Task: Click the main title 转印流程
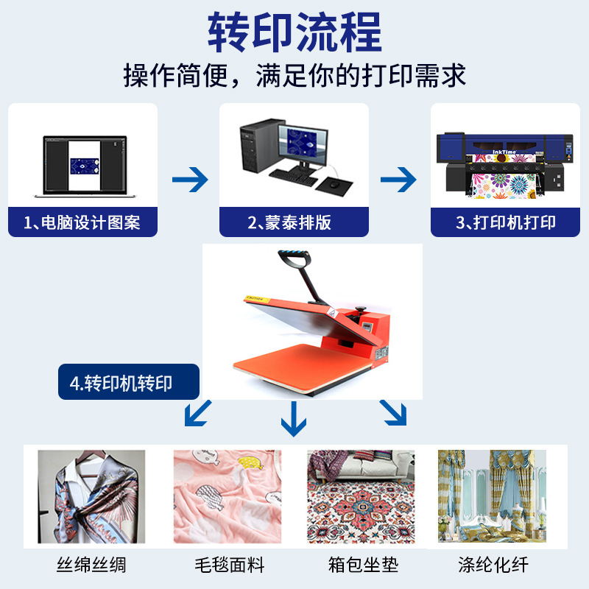pyautogui.click(x=294, y=32)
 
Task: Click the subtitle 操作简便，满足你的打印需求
pyautogui.click(x=294, y=76)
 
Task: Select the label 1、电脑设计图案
pyautogui.click(x=82, y=222)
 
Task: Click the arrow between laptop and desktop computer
pyautogui.click(x=189, y=179)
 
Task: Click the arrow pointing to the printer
pyautogui.click(x=398, y=179)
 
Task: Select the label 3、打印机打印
pyautogui.click(x=506, y=222)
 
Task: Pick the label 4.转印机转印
pyautogui.click(x=129, y=383)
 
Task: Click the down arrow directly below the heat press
pyautogui.click(x=293, y=419)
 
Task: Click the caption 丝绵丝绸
pyautogui.click(x=91, y=565)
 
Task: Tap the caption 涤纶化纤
pyautogui.click(x=493, y=565)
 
